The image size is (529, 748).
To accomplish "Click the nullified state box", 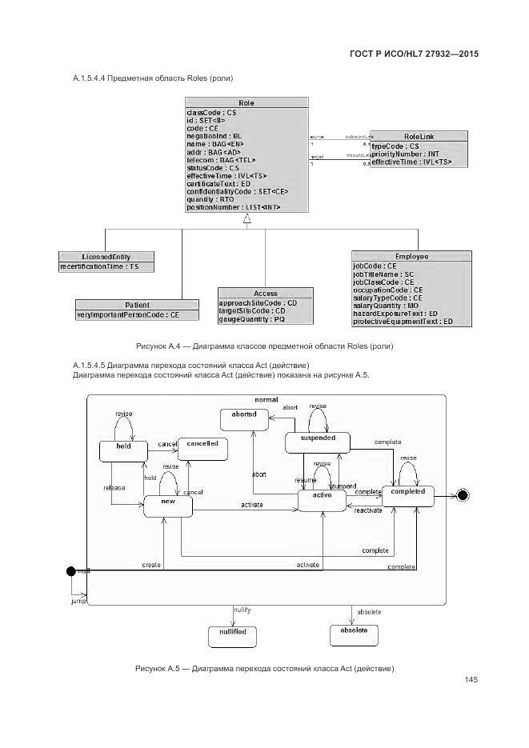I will coord(232,635).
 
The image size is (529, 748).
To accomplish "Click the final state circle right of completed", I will coord(462,496).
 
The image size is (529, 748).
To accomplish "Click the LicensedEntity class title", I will coord(106,256).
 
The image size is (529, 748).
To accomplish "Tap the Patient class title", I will coord(137,305).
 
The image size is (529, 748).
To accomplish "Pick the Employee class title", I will coord(403,256).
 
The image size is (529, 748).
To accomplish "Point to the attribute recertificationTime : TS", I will coord(100,266).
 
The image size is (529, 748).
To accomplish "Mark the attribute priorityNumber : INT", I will coord(406,154).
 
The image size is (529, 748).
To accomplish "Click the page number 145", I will coord(470,680).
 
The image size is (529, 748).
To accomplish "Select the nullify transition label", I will coord(242,610).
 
